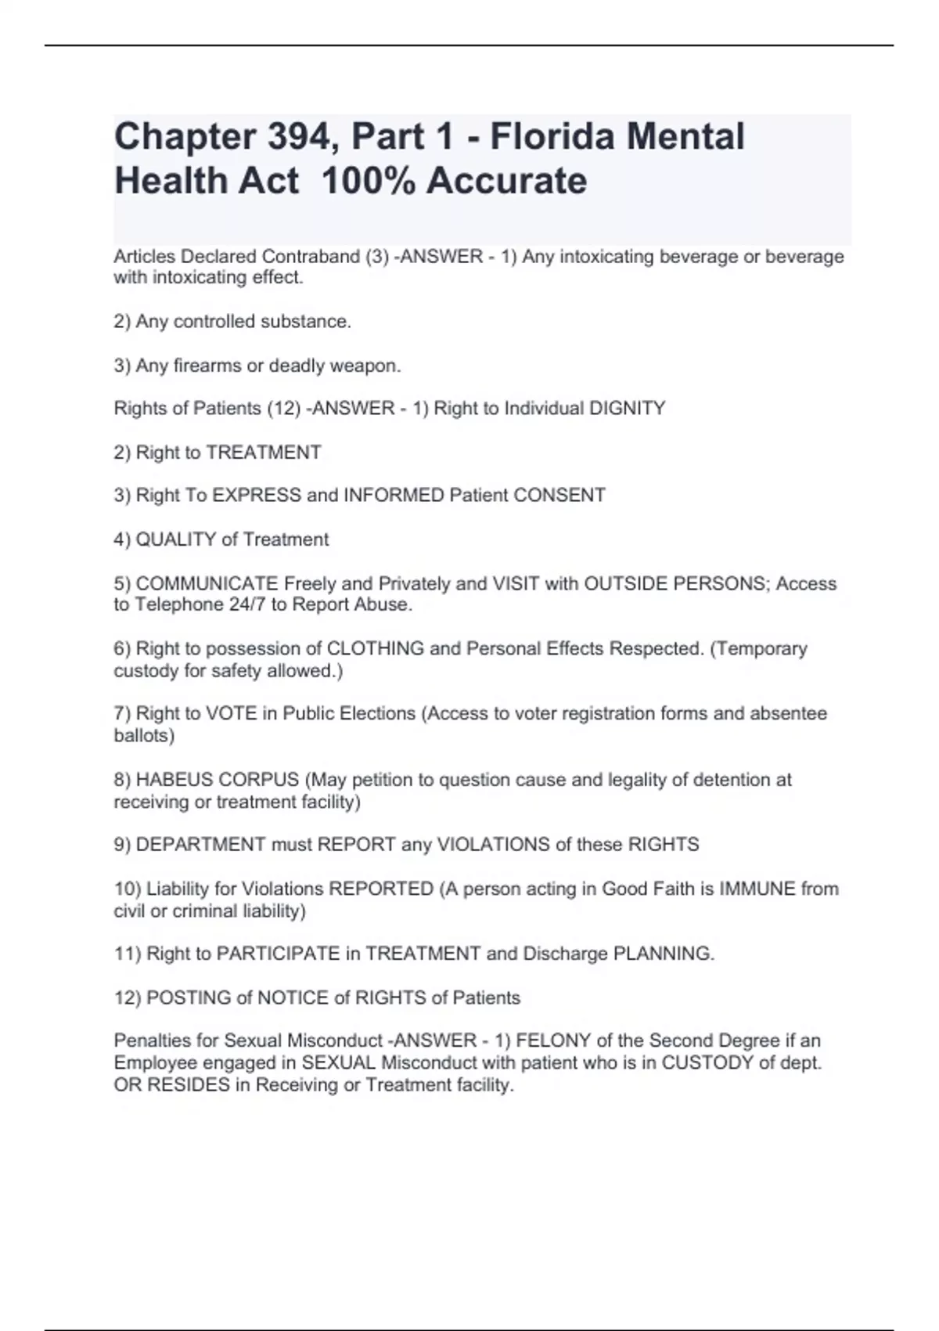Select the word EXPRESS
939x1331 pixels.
coord(257,496)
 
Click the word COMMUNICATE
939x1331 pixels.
coord(207,584)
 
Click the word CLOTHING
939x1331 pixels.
coord(375,649)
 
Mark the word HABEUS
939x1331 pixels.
coord(174,780)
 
